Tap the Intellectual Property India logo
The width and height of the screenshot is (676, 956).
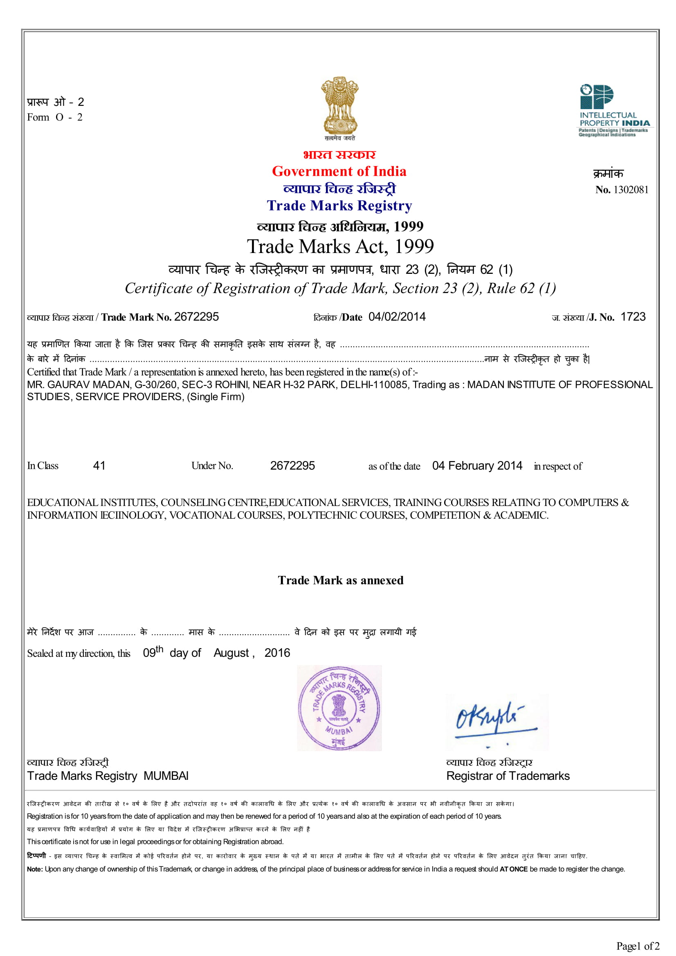pos(614,110)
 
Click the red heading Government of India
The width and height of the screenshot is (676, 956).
pos(339,171)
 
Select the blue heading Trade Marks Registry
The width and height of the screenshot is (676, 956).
pos(339,206)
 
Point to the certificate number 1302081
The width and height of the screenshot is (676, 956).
pos(631,190)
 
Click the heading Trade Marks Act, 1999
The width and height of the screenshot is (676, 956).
pos(340,246)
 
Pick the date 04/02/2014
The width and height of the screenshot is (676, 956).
pos(397,317)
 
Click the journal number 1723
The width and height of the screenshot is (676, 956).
pos(633,317)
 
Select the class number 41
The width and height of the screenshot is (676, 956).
pos(99,466)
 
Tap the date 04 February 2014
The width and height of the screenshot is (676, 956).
pos(477,466)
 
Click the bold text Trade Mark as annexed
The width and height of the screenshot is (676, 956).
pos(340,580)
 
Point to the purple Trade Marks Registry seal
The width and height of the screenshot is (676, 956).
pos(339,708)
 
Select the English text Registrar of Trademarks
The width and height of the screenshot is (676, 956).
pos(508,776)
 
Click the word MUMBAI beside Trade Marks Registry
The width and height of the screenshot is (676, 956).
pos(166,776)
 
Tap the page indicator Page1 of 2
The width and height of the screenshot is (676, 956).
pos(638,946)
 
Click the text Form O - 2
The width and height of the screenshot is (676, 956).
pos(54,117)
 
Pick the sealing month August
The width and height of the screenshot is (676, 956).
pos(231,653)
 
